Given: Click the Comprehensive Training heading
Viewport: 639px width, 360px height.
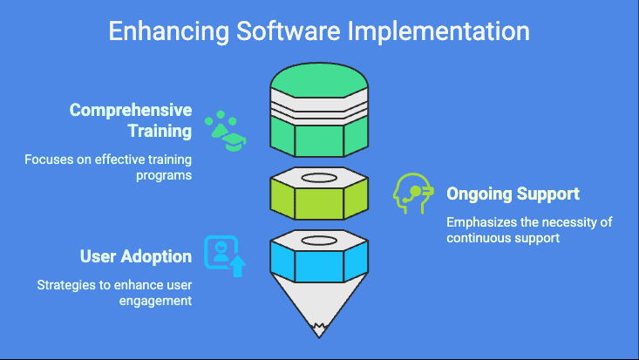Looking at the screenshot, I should click(x=131, y=121).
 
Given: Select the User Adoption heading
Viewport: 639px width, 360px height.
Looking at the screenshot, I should click(x=136, y=256).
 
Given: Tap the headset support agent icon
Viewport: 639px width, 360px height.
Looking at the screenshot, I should click(x=412, y=193).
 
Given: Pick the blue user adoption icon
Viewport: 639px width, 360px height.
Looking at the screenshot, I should click(x=224, y=255).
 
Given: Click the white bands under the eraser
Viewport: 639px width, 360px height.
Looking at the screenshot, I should click(x=320, y=111).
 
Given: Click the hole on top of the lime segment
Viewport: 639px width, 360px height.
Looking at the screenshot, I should click(x=320, y=178).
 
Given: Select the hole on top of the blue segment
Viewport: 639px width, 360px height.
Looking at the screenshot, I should click(x=320, y=238).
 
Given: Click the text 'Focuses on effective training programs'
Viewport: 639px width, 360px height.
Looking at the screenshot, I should click(x=108, y=167).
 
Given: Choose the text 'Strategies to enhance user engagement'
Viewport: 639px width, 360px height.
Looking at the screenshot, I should click(x=113, y=293).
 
